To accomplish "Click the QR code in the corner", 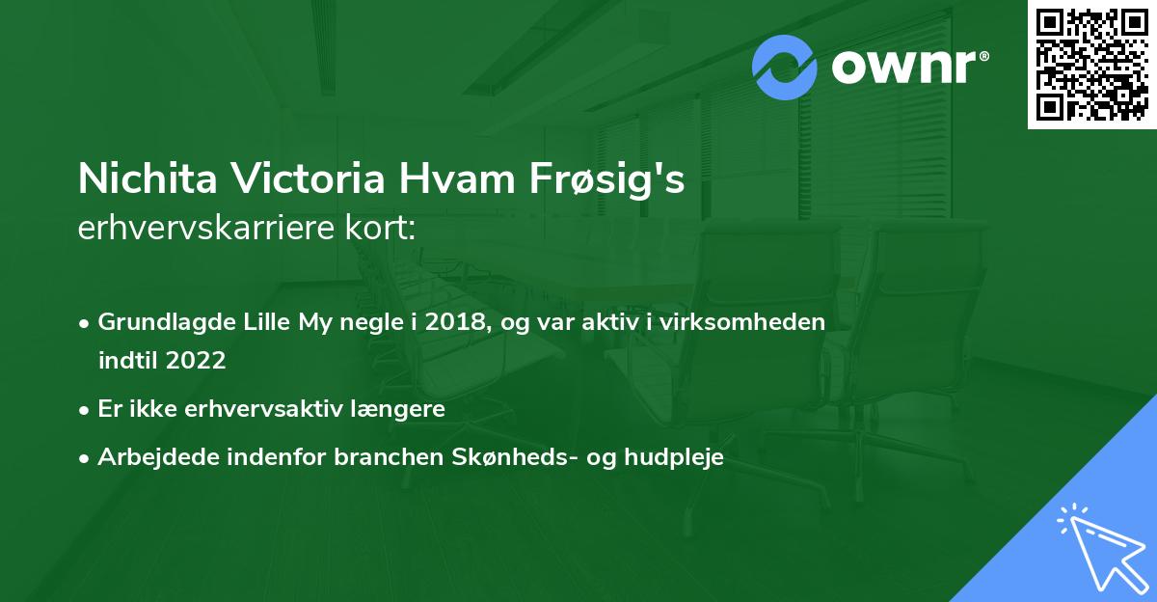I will tap(1092, 64).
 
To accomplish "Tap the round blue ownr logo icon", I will tap(785, 67).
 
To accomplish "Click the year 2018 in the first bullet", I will tap(456, 322).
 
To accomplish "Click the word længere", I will tap(398, 409).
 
